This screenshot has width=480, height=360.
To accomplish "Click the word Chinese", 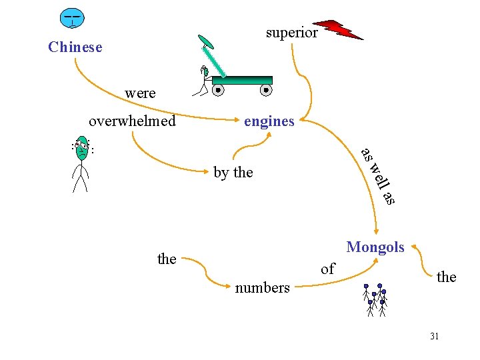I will click(75, 47).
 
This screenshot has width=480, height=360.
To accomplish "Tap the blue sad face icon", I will click(71, 18).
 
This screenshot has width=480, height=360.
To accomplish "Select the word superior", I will click(291, 33).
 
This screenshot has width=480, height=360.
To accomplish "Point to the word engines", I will click(269, 121).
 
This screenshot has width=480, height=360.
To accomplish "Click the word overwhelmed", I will click(132, 121).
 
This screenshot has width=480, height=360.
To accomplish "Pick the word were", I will click(140, 93).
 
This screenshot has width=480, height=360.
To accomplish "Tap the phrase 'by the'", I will click(233, 173).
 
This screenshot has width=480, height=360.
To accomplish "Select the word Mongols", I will click(375, 247).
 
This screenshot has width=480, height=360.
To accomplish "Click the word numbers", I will click(262, 288).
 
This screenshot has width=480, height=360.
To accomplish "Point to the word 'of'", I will click(327, 269).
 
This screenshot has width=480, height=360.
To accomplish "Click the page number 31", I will click(434, 336).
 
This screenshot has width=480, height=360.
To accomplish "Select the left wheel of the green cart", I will click(217, 89).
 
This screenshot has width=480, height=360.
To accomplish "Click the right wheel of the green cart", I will click(265, 89).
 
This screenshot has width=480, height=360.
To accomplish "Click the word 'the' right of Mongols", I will click(446, 277).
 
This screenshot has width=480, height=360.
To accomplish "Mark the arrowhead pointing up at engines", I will click(269, 133).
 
